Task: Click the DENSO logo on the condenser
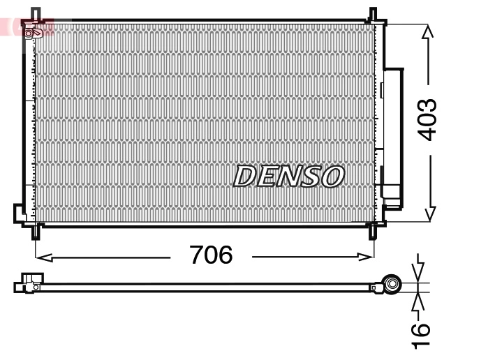288,177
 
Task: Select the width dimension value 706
211,255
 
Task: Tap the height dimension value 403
427,119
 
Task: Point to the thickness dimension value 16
420,336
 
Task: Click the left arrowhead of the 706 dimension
40,257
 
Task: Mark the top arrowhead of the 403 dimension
428,31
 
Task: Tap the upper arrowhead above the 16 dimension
418,273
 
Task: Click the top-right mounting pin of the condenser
373,15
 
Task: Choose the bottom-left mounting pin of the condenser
36,231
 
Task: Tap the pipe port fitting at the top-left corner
33,32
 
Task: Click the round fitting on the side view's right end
392,284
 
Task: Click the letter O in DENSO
332,177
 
